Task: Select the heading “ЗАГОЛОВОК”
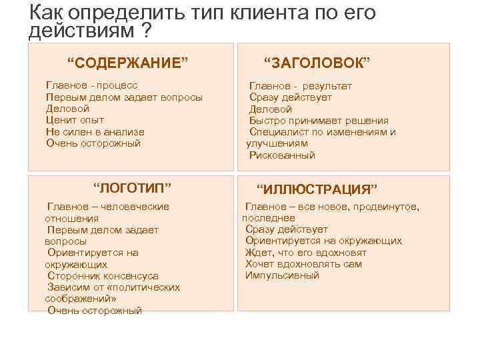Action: click(x=317, y=63)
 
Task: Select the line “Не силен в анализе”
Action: click(x=95, y=132)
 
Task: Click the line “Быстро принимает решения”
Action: click(x=319, y=121)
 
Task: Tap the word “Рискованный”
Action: click(x=282, y=155)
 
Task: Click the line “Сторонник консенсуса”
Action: click(x=103, y=275)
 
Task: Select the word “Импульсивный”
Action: click(x=282, y=275)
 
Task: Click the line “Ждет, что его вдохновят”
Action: click(x=306, y=253)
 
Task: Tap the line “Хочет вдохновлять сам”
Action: click(x=303, y=264)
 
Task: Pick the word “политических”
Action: click(x=148, y=287)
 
